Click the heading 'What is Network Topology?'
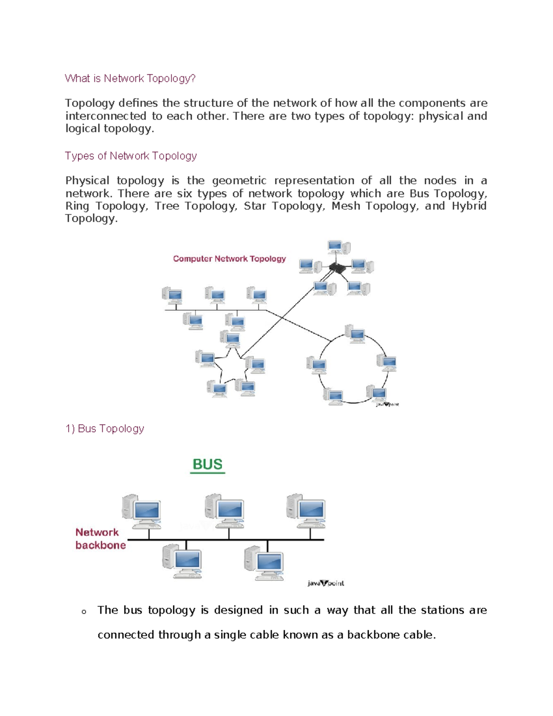(x=130, y=78)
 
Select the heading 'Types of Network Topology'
(x=131, y=156)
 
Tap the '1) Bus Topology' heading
(x=105, y=429)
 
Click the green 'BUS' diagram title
(x=207, y=464)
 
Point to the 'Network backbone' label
(x=100, y=538)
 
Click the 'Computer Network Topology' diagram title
(x=229, y=259)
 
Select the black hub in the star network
(x=338, y=267)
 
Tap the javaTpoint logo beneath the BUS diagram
(x=325, y=583)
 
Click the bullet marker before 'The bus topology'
(x=83, y=612)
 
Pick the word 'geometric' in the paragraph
(x=239, y=181)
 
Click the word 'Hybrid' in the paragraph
(x=469, y=206)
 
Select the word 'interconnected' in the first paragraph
(x=106, y=116)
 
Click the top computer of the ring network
(x=355, y=333)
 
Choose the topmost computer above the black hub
(x=339, y=247)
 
